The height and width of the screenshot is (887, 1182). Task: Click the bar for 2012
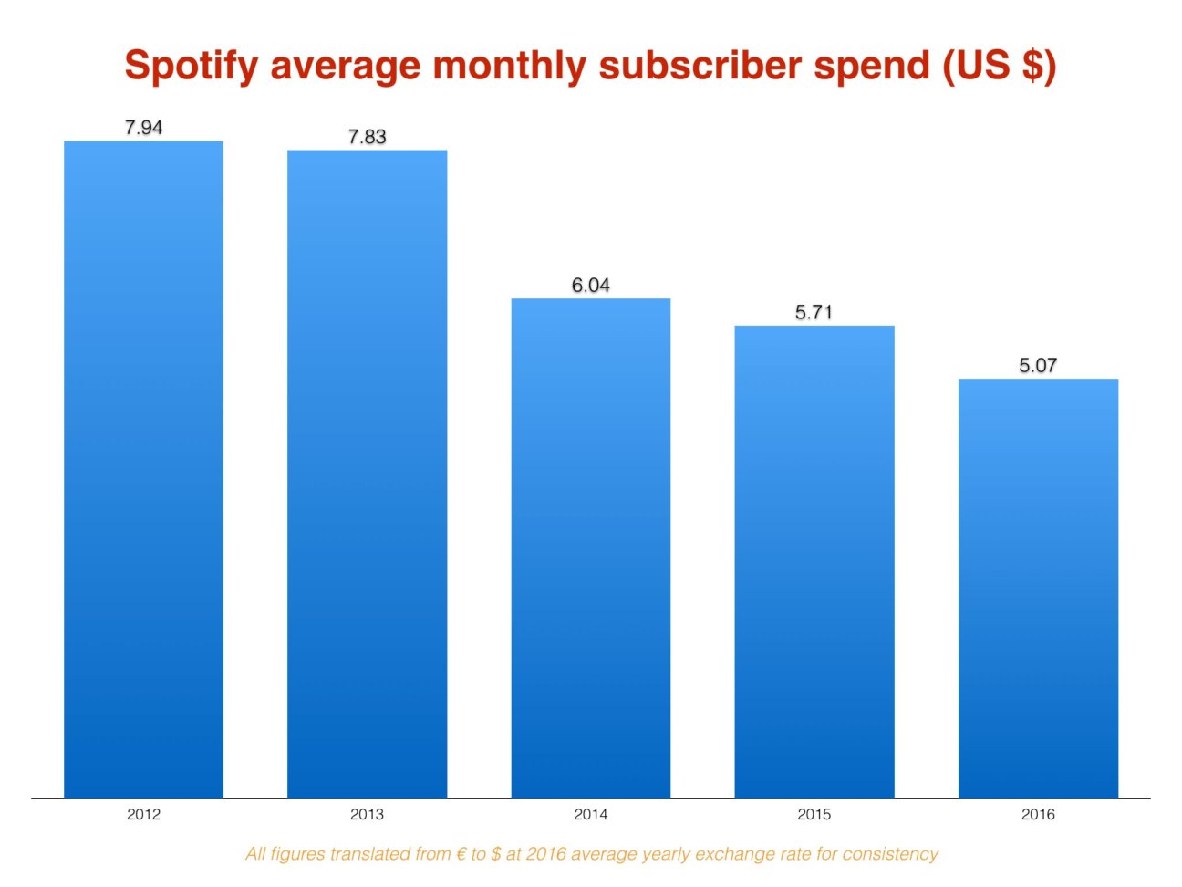pos(143,469)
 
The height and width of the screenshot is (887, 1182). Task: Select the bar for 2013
pos(367,474)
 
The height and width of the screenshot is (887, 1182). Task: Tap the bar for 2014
pos(590,548)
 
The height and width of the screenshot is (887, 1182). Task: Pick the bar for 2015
pos(814,561)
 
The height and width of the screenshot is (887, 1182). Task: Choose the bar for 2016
pos(1038,588)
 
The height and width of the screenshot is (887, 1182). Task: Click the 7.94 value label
pos(143,128)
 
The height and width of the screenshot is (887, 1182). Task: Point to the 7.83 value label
pos(367,137)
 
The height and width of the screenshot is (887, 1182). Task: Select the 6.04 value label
pos(590,286)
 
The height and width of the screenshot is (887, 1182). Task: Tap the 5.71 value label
pos(814,312)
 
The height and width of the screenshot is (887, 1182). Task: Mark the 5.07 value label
pos(1038,366)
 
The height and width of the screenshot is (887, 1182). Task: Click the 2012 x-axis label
pos(143,814)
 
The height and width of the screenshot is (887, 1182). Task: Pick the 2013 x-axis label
pos(367,814)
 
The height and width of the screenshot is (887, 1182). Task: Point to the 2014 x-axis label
pos(590,814)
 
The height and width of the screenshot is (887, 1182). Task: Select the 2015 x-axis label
pos(814,814)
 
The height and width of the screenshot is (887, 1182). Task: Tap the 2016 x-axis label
pos(1038,814)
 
